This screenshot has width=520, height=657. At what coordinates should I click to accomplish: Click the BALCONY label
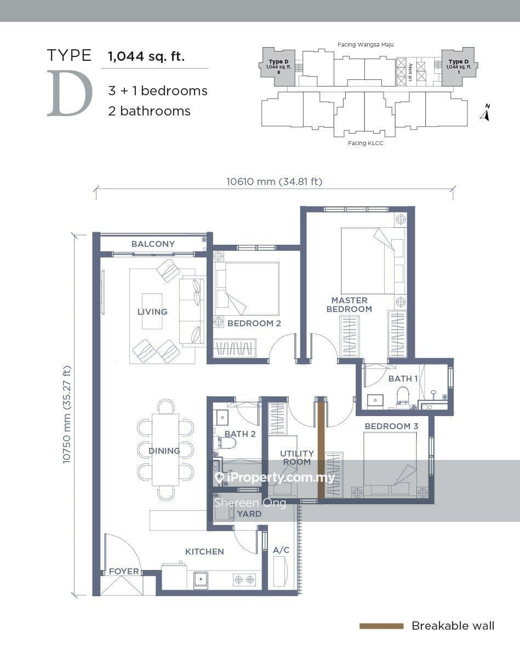tap(153, 244)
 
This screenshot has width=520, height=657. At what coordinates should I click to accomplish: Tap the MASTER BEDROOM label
tap(349, 305)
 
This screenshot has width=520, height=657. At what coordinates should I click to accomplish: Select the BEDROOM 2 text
tap(254, 324)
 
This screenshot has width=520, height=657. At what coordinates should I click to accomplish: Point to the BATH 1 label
tap(403, 379)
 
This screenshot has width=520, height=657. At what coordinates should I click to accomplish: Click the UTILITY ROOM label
tap(296, 458)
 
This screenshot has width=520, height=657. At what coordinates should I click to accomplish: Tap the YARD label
tap(249, 514)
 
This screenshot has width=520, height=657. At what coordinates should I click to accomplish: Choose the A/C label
tap(281, 550)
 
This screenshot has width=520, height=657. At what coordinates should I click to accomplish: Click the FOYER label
tap(124, 572)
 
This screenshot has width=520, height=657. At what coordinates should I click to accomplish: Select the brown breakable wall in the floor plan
tap(321, 449)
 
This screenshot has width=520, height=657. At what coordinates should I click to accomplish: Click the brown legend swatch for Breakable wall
tap(381, 626)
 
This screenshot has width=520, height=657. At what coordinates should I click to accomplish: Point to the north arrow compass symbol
tap(485, 113)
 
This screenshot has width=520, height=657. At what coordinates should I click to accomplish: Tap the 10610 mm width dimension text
tap(274, 182)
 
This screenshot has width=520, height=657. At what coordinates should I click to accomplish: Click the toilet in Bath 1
tap(403, 396)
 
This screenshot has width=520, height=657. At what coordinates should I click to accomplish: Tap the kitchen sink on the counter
tap(201, 578)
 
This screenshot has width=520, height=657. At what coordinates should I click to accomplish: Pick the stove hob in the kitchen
tap(244, 578)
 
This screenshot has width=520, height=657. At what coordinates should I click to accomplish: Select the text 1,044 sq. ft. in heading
tap(146, 56)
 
